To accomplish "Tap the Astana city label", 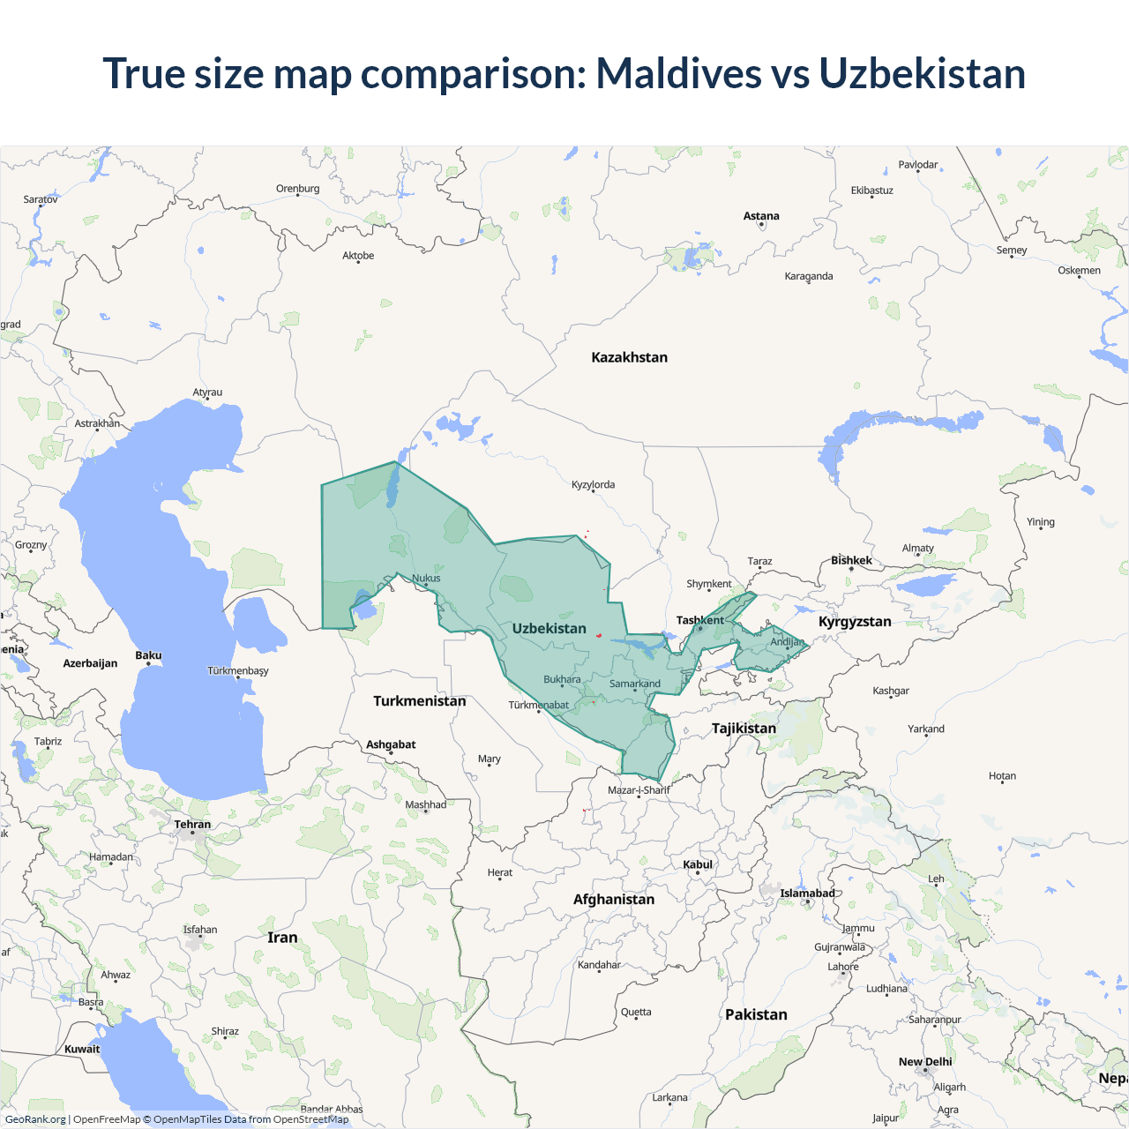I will [x=761, y=216].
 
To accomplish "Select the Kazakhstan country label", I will [x=629, y=357].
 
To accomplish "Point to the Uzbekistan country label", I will [x=549, y=629].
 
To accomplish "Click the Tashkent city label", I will [x=699, y=620].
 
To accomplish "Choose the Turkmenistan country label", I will [x=419, y=701].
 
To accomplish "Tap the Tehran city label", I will [x=192, y=825].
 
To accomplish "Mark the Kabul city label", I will [x=697, y=864].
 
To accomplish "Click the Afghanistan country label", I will [x=614, y=900].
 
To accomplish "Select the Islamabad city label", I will [x=807, y=893].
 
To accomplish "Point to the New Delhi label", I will [x=925, y=1062].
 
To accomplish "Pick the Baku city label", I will [x=148, y=655].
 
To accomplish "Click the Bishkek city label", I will [x=851, y=560].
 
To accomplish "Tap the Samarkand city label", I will [x=634, y=684].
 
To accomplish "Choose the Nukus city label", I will [x=426, y=579].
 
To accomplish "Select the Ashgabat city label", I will [x=391, y=744].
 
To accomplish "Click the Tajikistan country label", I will [x=744, y=729].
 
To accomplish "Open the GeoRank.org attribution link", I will [x=35, y=1119].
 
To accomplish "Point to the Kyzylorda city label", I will [x=593, y=485].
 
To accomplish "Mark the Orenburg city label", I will [x=297, y=189].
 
